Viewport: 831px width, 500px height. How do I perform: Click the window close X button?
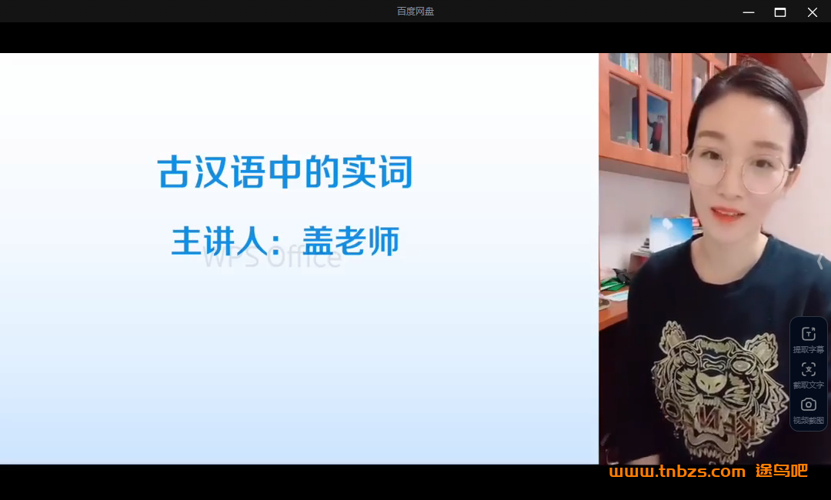[x=812, y=12]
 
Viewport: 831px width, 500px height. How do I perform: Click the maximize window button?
[x=780, y=12]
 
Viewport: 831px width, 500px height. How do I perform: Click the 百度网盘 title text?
[x=415, y=12]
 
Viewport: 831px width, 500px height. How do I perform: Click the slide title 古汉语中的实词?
[x=285, y=172]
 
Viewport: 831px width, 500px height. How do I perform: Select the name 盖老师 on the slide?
[x=351, y=241]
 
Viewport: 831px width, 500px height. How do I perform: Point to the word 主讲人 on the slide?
[x=217, y=241]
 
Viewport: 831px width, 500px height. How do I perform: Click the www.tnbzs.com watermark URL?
[x=677, y=472]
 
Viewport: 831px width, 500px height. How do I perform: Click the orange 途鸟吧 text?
[x=781, y=471]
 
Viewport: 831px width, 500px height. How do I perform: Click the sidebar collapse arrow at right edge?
[x=819, y=262]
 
